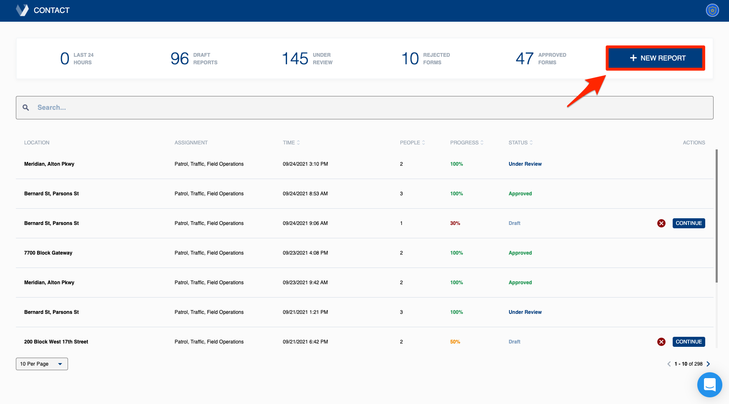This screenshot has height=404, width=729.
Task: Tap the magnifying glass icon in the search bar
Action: point(26,108)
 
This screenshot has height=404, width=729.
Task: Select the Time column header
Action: point(291,143)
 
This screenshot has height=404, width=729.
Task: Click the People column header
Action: point(412,143)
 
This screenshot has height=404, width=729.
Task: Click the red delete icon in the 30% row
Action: point(661,223)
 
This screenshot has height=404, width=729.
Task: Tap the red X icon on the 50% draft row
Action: point(661,342)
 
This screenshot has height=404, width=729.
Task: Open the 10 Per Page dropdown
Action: point(42,364)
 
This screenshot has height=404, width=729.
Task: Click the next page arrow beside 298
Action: point(708,364)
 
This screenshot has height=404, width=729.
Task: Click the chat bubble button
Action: point(709,384)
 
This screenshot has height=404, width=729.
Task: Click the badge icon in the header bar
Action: point(712,10)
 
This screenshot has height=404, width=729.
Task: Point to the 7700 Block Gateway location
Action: point(48,253)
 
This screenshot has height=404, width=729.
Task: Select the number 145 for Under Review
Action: point(295,58)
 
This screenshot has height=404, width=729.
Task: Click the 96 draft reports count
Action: point(180,58)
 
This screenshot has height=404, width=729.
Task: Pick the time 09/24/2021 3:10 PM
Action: point(305,164)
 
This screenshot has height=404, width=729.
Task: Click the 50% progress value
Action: point(455,342)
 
